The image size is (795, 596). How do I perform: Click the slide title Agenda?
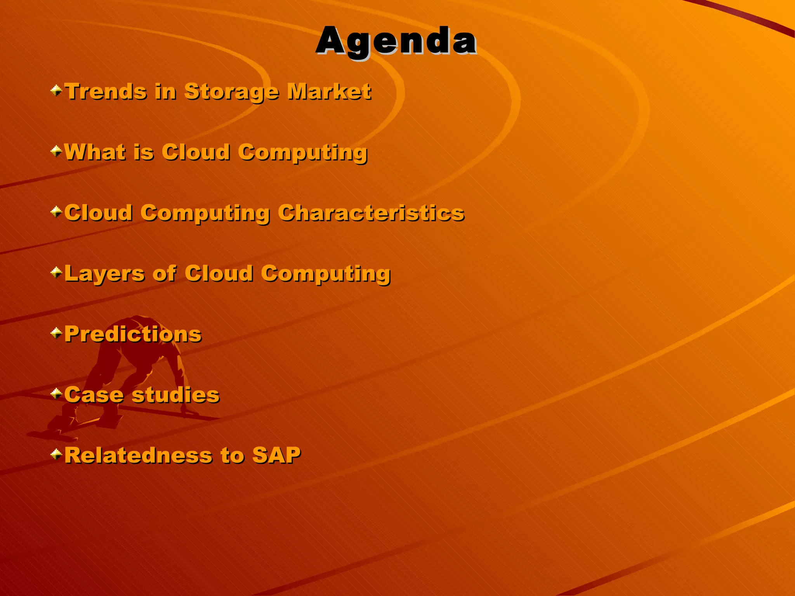click(396, 41)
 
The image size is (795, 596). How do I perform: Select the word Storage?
click(231, 92)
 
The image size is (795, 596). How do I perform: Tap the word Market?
click(329, 92)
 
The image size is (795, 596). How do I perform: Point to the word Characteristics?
click(371, 213)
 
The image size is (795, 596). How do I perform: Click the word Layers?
click(104, 274)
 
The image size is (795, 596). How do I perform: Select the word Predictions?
click(133, 334)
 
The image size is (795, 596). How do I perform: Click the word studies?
click(176, 395)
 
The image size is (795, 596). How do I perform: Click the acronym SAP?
click(276, 456)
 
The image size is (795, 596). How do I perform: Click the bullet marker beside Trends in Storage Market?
click(56, 91)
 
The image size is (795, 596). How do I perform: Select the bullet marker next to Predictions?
click(56, 333)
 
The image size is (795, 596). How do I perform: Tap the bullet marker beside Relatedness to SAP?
click(56, 454)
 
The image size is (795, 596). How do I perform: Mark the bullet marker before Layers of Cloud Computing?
click(56, 272)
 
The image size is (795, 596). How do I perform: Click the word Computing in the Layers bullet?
click(326, 274)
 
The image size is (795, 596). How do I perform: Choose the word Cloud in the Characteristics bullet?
click(98, 213)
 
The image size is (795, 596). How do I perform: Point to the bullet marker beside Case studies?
click(56, 393)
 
